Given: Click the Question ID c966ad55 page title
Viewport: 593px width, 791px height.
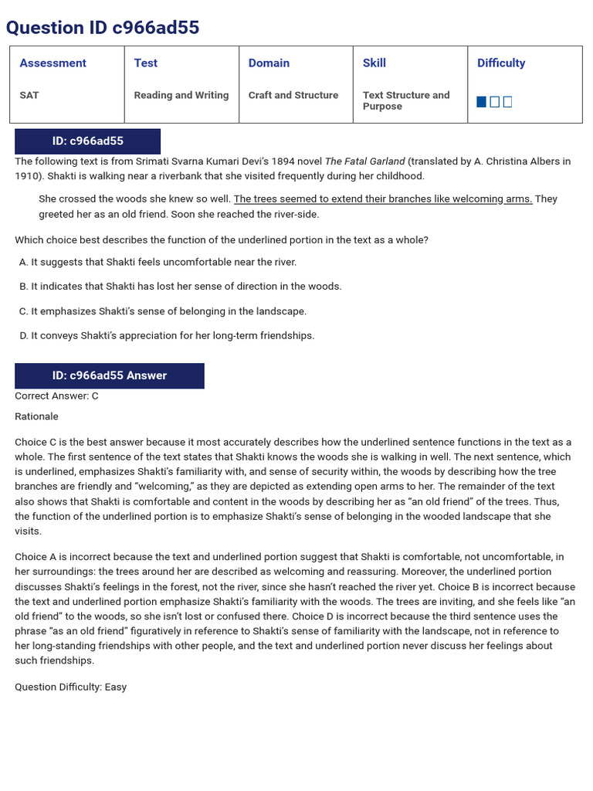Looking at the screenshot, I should tap(103, 28).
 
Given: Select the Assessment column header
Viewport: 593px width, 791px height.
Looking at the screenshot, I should tap(53, 63).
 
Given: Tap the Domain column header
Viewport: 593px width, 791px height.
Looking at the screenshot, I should tap(269, 63).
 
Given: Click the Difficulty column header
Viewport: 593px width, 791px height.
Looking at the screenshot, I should tap(501, 63).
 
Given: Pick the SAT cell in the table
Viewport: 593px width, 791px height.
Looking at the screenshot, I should tap(29, 95).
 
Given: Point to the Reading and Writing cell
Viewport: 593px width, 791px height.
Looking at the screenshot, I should tap(181, 95).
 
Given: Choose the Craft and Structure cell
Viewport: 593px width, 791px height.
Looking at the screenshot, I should tap(293, 95).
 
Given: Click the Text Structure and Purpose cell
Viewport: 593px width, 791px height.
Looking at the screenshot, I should tap(406, 100).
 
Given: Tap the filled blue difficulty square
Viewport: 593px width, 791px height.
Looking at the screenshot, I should tap(482, 102).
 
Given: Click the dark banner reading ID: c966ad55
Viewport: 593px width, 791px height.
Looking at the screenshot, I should tap(87, 141).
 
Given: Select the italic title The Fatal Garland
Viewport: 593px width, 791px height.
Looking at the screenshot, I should tap(365, 161).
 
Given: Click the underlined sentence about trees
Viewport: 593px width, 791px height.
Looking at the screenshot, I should tap(383, 199).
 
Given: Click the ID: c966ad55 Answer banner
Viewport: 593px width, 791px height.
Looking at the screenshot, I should tap(110, 375).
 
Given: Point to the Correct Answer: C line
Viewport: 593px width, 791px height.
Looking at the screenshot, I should tap(57, 396).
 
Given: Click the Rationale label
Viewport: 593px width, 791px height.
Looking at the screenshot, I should tap(36, 416).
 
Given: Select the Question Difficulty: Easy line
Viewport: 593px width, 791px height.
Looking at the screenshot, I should tap(71, 687).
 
